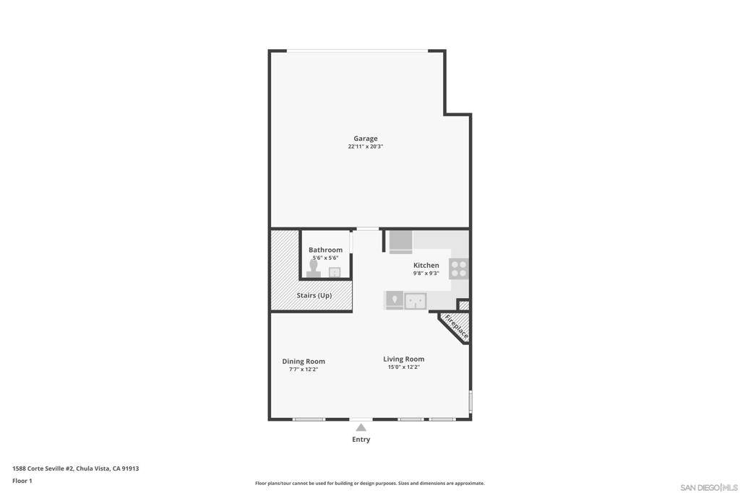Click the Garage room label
[x=365, y=139]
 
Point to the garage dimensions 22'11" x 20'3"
[x=365, y=147]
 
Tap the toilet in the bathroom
[x=314, y=269]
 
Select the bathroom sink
[x=335, y=272]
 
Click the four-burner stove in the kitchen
[x=459, y=269]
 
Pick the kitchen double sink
[x=416, y=301]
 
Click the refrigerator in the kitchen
[x=400, y=243]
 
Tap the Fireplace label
[x=457, y=327]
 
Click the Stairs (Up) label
[x=314, y=295]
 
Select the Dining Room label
[x=304, y=362]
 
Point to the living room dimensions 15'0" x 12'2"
[x=403, y=367]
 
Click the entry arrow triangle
[x=361, y=427]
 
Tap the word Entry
[x=361, y=440]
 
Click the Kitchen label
[x=426, y=266]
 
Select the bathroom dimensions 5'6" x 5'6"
[x=326, y=258]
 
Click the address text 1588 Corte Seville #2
[x=43, y=468]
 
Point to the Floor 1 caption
[x=22, y=481]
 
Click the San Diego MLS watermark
[x=709, y=487]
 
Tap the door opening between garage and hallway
[x=368, y=229]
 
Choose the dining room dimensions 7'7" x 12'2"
[x=304, y=370]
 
